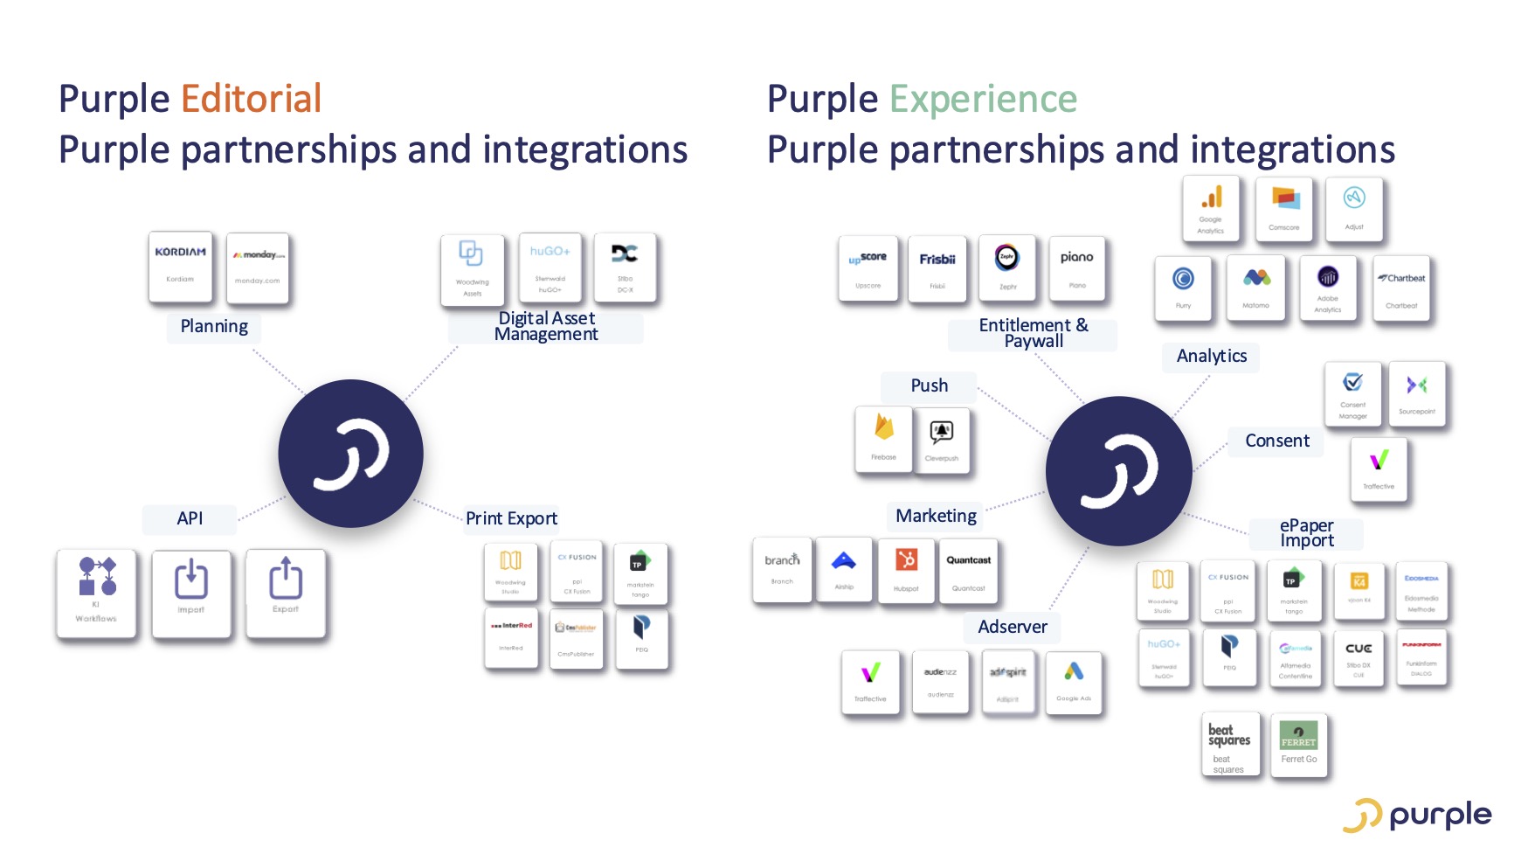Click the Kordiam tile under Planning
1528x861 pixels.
tap(181, 267)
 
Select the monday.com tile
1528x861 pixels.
tap(258, 267)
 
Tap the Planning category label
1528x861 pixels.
tap(214, 327)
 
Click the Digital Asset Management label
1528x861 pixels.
tap(546, 326)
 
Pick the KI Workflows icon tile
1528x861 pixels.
tap(96, 592)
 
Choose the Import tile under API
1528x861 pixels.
tap(191, 592)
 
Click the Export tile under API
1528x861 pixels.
tap(286, 592)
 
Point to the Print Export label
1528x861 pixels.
tap(511, 518)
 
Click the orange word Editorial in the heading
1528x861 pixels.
tap(252, 99)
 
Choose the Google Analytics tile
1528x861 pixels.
tap(1211, 209)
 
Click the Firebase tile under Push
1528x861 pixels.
tap(884, 439)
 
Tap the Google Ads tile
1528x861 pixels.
tap(1074, 683)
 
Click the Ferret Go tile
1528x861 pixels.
tap(1299, 745)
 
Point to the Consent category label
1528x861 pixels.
tap(1276, 441)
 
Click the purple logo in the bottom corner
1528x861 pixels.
tap(1417, 816)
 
